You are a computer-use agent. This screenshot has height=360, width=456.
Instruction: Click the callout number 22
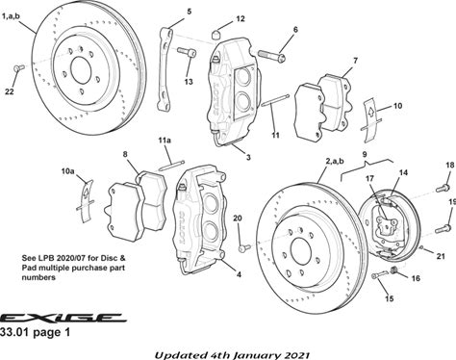10,91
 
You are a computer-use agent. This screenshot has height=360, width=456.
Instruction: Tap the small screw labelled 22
19,67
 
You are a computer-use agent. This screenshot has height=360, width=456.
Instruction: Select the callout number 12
241,19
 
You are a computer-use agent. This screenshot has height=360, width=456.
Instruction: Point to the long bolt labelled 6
271,56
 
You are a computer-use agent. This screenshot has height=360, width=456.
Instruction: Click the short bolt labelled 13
187,52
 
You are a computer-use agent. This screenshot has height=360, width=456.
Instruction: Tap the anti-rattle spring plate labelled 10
371,119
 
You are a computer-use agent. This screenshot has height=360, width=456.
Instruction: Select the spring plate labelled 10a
86,202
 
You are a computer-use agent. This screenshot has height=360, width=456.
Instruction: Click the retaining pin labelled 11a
171,165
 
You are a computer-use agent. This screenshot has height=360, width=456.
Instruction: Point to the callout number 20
238,219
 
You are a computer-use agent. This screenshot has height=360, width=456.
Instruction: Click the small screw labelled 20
244,247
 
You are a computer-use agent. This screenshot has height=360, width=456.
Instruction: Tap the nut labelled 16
395,270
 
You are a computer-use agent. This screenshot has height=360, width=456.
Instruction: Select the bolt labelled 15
380,275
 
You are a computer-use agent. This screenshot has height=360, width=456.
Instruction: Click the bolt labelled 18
443,188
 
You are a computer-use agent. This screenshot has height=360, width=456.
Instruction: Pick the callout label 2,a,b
335,161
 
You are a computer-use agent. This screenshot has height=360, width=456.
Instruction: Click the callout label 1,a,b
11,16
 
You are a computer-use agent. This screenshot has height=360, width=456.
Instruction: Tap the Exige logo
63,318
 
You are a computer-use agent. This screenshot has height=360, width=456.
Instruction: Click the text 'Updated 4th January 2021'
232,355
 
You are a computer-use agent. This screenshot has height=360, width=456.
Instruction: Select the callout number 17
369,178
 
